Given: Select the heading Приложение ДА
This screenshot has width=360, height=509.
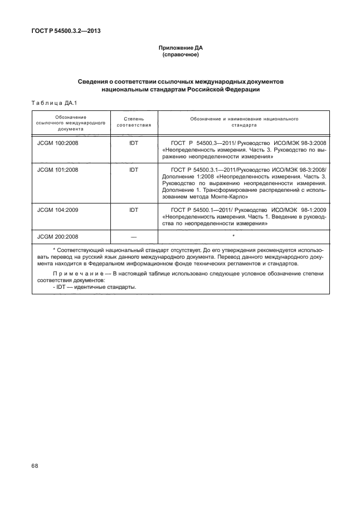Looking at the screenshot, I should coord(180,49).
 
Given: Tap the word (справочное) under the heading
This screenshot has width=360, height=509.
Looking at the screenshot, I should coord(180,56).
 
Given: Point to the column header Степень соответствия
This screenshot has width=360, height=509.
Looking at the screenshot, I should coord(133,122).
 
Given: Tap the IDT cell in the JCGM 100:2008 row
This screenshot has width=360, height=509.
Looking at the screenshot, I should coord(133,143).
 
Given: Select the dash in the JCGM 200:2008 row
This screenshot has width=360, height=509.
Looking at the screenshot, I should coord(133,236).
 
